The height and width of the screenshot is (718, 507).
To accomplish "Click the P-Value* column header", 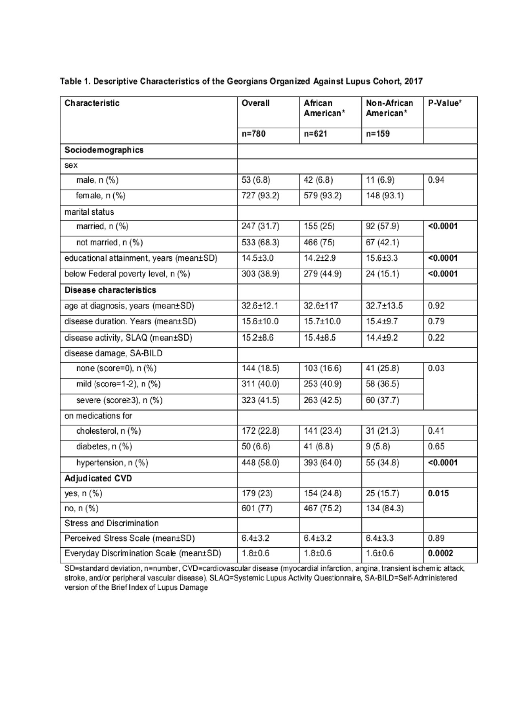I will [444, 103].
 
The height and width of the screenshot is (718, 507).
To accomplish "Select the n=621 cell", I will [315, 134].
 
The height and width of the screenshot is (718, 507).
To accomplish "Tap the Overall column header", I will [255, 103].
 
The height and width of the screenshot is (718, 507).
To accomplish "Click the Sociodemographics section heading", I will [104, 150].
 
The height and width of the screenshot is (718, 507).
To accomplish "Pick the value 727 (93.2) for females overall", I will [261, 196].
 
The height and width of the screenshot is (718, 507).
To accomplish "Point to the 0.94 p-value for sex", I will [436, 180].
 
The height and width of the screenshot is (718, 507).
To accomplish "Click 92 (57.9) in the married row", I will [382, 227].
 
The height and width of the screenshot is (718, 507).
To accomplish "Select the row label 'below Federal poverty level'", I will [127, 274].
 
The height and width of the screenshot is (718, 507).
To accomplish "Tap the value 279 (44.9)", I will [322, 274].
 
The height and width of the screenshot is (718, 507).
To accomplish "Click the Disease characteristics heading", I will [110, 290].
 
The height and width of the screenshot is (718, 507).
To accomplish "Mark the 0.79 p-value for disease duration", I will [436, 321].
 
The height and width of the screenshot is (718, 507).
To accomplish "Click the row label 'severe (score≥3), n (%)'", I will [119, 400].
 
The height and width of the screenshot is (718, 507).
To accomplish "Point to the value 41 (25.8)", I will [382, 368].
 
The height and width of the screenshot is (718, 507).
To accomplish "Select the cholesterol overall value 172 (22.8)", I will [261, 431].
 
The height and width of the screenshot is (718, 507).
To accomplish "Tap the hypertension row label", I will [112, 463].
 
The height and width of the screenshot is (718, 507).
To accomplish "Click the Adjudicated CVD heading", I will [98, 478].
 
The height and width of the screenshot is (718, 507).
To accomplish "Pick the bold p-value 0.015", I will [438, 493].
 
